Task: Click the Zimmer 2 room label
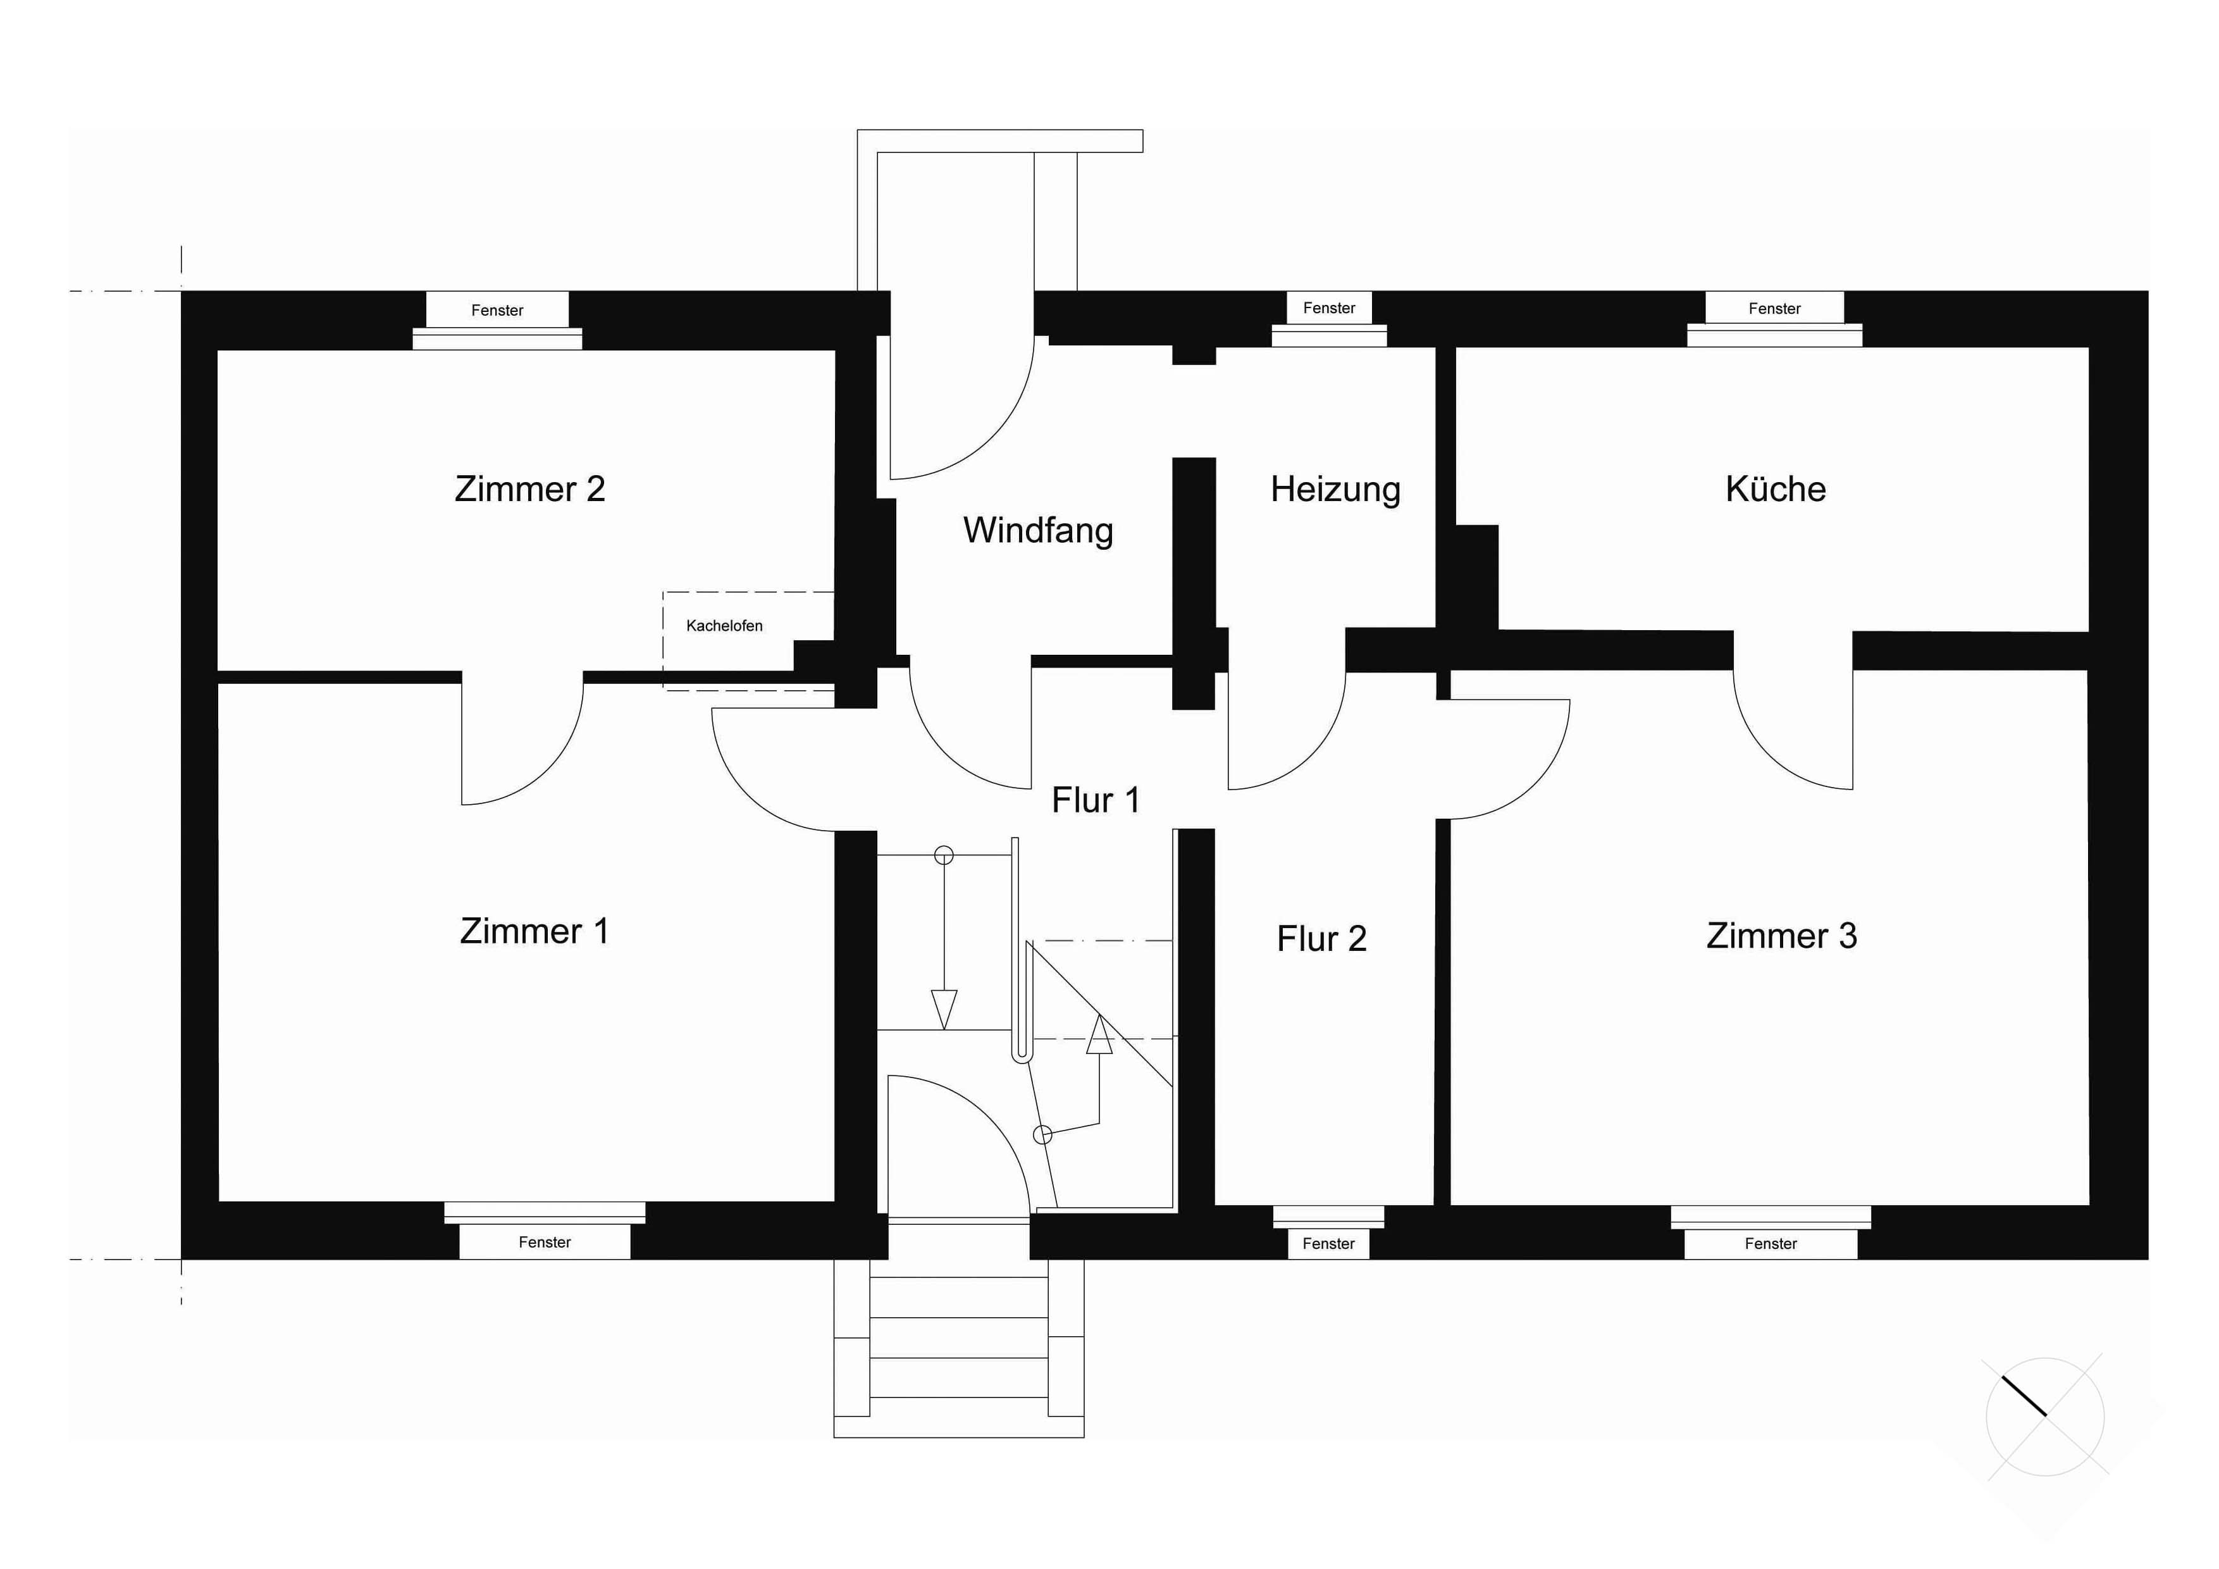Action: pos(529,489)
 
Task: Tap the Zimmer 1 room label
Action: pos(535,931)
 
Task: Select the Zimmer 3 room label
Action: pos(1781,936)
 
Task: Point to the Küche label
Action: pos(1776,489)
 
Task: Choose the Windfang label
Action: pos(1038,531)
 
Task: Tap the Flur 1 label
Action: pos(1095,800)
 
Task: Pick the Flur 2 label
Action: pos(1321,939)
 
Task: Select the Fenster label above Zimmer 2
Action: pos(497,310)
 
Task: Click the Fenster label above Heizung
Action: pos(1329,308)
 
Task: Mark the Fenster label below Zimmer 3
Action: pos(1771,1244)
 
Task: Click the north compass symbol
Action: pos(2045,1417)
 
